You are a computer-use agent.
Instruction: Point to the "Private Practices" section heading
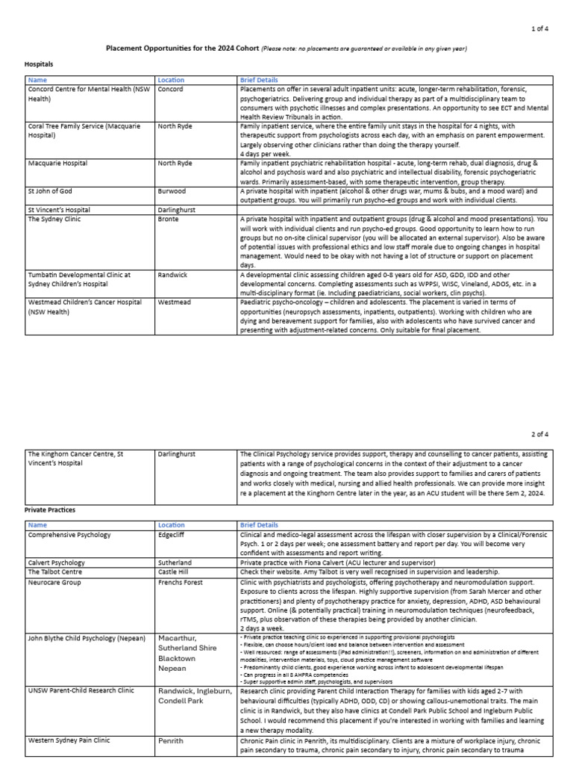[54, 510]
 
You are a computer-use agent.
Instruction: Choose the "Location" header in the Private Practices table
[171, 525]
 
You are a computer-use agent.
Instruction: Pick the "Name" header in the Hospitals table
[37, 80]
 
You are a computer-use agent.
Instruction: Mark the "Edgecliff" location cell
[175, 535]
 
